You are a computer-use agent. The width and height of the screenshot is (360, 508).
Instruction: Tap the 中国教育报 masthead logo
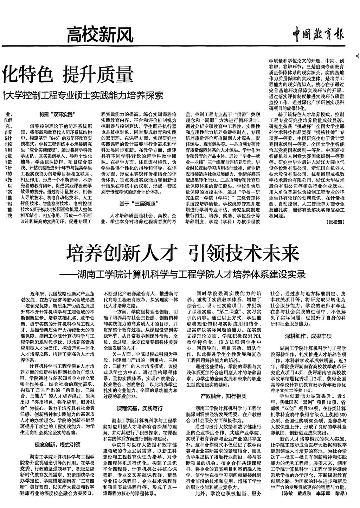point(319,35)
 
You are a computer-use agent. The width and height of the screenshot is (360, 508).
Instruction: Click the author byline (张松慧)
point(335,222)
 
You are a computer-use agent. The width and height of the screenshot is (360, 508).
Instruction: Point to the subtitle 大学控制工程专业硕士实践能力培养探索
point(84,95)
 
